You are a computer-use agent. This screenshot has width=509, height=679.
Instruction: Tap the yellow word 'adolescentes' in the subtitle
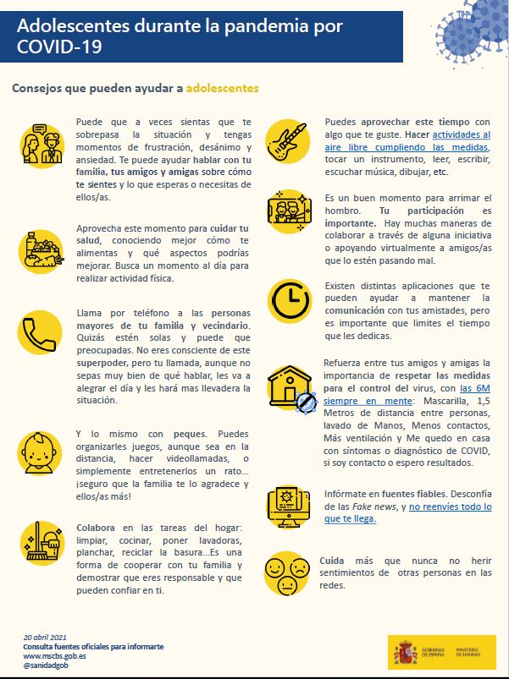(x=222, y=87)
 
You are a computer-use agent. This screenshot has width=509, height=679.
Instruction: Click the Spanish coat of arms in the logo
(x=404, y=651)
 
